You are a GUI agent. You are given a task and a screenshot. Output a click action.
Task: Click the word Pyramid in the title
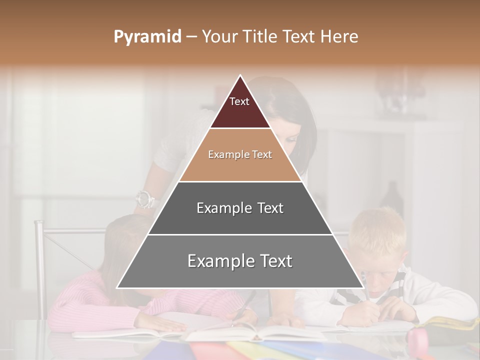click(x=147, y=37)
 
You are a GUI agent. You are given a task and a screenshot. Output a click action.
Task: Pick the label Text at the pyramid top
click(x=239, y=101)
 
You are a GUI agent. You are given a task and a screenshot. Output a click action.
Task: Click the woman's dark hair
click(x=300, y=110)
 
